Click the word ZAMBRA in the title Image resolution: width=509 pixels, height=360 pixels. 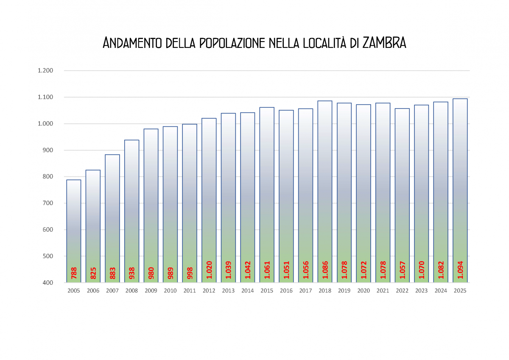tap(384, 43)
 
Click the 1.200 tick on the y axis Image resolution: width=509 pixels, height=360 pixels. tap(45, 70)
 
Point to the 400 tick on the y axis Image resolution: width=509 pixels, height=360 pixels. tap(48, 283)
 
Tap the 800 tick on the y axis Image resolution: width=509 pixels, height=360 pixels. tap(48, 177)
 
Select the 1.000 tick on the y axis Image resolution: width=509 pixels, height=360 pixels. tap(45, 124)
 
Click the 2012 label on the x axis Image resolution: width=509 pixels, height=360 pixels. tap(209, 291)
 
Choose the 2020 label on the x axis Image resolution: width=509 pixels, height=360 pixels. tap(364, 291)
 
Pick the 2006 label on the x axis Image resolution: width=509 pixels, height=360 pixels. tap(93, 291)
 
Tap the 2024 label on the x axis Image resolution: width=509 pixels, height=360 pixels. tap(441, 291)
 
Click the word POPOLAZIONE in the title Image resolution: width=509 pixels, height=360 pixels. tap(232, 43)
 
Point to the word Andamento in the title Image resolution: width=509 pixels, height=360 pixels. tap(132, 43)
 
